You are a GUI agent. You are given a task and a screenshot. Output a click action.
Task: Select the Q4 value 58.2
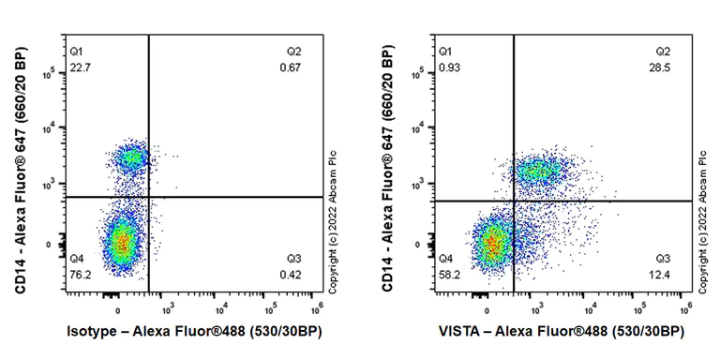click(450, 275)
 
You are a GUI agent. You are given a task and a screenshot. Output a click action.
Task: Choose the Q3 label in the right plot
click(663, 258)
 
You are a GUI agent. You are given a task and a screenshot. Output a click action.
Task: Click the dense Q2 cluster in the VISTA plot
click(539, 172)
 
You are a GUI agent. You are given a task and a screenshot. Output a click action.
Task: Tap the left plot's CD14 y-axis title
click(21, 168)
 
